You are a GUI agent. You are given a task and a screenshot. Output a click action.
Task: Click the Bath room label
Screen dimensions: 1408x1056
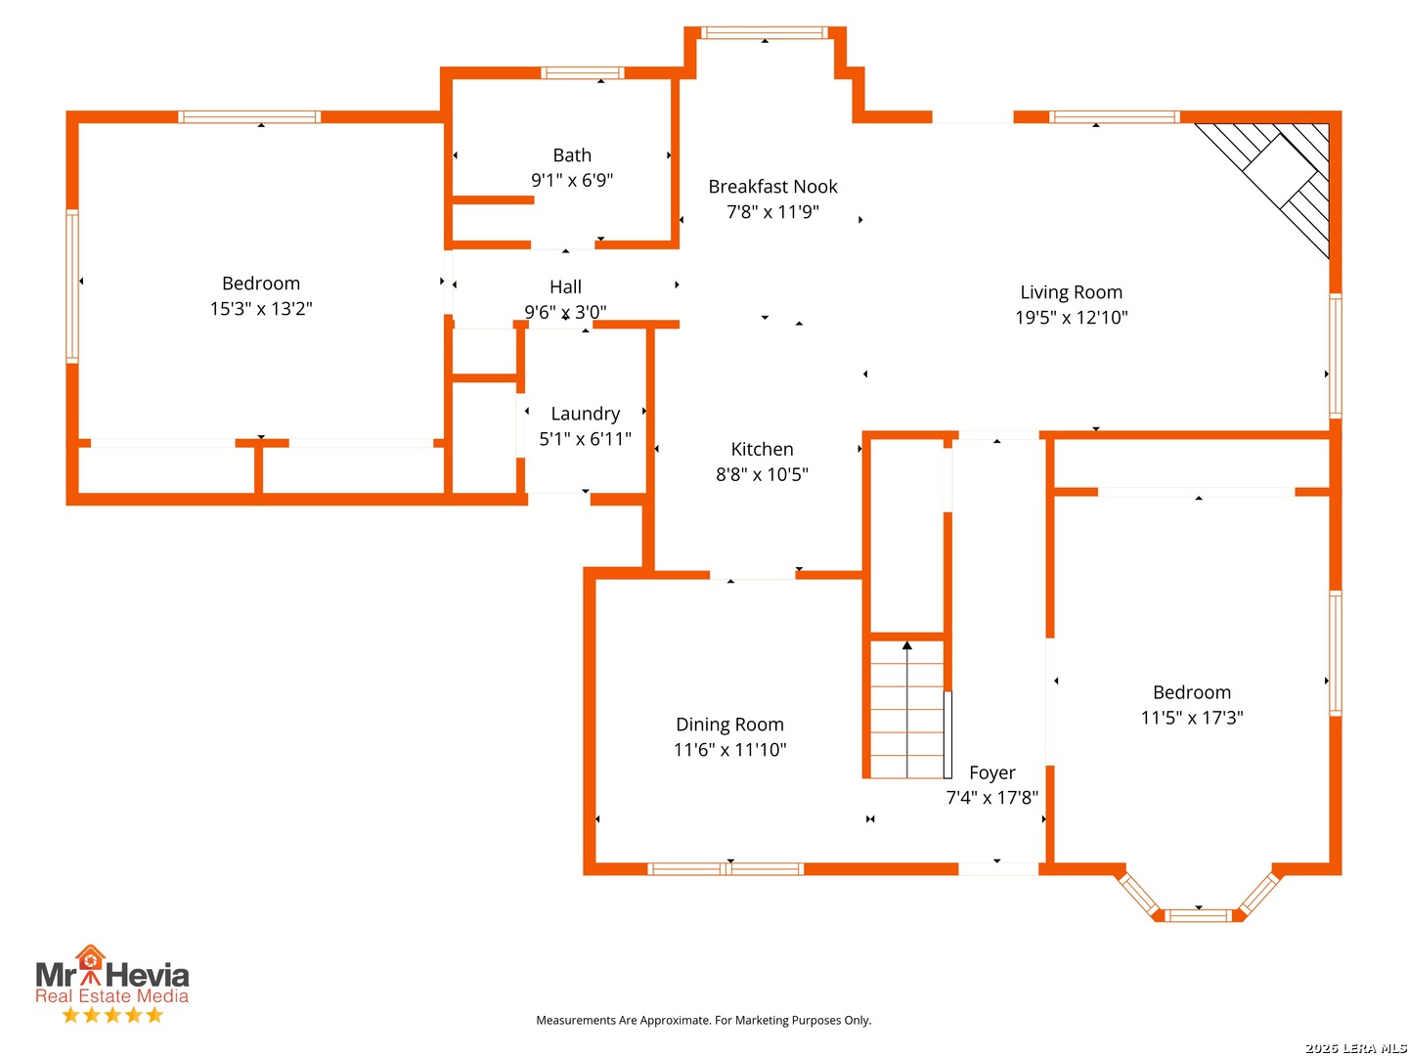[572, 155]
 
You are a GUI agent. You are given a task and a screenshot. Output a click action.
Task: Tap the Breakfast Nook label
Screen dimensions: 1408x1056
[772, 187]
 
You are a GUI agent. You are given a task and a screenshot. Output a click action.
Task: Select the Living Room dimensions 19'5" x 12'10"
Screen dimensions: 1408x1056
[1071, 318]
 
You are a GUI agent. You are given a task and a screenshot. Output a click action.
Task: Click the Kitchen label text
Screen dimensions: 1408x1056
[762, 449]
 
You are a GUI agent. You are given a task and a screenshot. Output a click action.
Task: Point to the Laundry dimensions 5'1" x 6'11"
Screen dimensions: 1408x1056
[585, 439]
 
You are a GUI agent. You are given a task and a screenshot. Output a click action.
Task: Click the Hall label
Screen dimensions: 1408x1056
[565, 286]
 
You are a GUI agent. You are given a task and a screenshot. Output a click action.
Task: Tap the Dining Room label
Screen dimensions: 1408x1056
[729, 725]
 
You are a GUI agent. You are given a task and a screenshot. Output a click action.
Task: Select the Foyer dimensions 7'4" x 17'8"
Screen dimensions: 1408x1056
[991, 798]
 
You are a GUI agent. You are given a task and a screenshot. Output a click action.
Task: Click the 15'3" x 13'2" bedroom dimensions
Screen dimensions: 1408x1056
[261, 309]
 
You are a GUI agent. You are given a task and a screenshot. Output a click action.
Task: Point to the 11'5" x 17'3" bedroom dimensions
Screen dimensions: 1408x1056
[1191, 718]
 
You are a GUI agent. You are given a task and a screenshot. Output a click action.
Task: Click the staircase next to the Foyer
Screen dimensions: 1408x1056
[905, 709]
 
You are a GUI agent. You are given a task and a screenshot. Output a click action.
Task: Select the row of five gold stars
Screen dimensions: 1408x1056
[112, 1015]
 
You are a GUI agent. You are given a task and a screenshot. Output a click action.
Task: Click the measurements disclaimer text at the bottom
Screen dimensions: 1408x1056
[703, 1020]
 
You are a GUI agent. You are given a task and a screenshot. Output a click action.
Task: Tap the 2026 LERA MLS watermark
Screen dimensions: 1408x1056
[1355, 1047]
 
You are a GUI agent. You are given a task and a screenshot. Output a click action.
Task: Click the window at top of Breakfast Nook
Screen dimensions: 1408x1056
[764, 32]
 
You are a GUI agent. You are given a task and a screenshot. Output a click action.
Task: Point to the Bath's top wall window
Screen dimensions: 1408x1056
[582, 72]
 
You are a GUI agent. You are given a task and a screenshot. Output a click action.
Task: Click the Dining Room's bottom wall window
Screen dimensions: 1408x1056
[725, 869]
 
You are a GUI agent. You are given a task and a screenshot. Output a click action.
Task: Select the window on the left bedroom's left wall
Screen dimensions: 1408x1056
[72, 286]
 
